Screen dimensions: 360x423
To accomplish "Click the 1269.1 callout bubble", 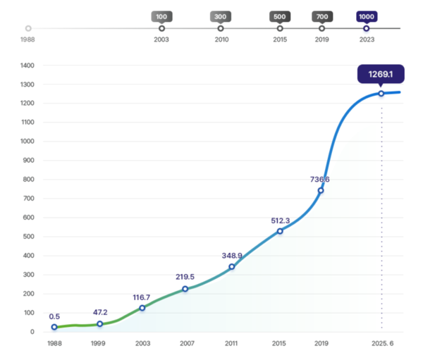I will point(381,74).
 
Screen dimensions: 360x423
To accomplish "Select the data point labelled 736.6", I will point(321,190).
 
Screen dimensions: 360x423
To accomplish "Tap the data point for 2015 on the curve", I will point(280,231).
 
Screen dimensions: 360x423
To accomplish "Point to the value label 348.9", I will point(232,255).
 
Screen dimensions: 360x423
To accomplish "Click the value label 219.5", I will point(185,277).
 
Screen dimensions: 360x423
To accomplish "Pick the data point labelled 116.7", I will point(142,308).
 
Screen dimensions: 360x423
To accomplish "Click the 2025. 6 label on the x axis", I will point(381,343).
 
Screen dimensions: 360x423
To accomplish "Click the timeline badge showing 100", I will point(161,16).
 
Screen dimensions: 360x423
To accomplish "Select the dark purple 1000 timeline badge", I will point(366,16).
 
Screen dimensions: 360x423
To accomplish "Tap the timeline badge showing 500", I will point(280,16).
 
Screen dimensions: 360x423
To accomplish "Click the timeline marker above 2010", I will point(221,28).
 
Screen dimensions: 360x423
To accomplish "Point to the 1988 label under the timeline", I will point(27,39).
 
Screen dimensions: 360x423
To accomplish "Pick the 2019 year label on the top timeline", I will point(322,39).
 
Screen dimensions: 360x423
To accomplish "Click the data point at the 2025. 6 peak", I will point(381,93).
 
